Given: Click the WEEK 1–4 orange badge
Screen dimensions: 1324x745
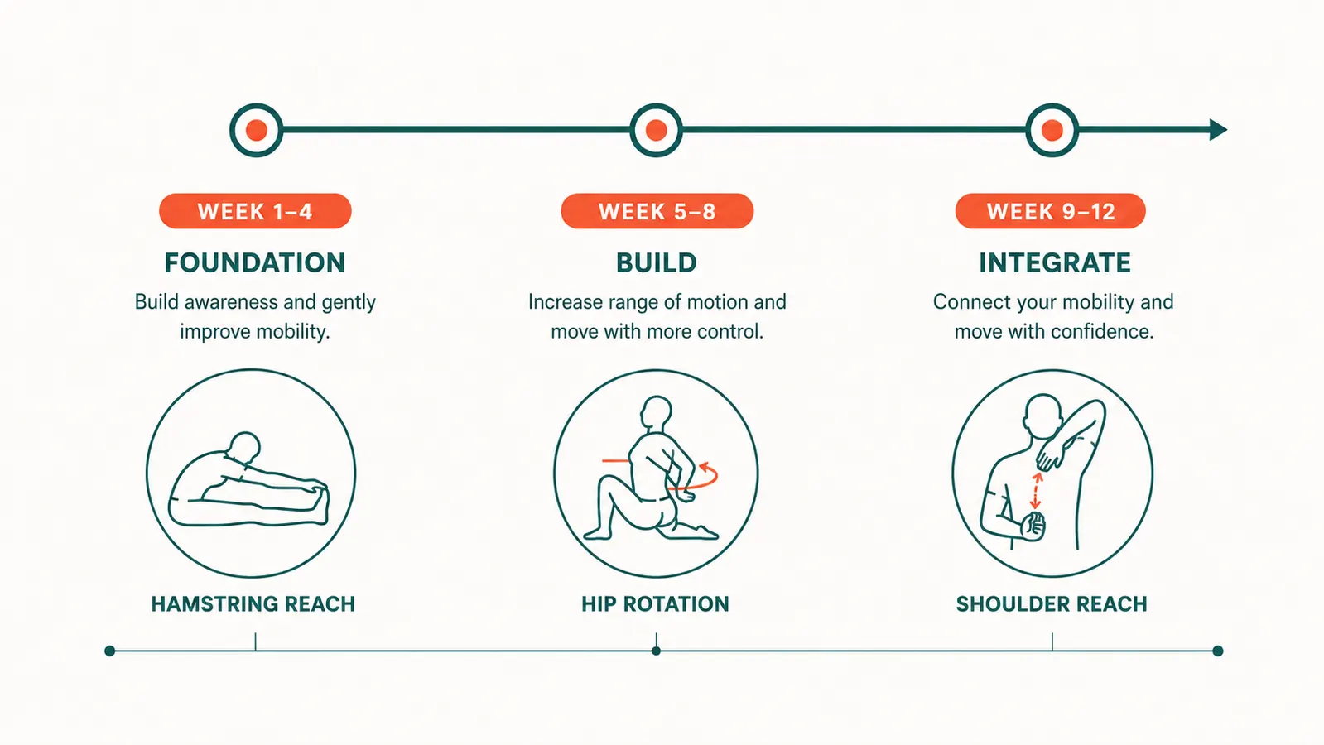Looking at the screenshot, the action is click(x=255, y=211).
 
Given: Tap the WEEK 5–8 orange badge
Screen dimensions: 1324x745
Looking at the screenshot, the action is click(x=657, y=211).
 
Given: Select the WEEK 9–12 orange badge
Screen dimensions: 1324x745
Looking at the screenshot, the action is click(x=1050, y=211).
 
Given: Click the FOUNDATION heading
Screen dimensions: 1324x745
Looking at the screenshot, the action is click(x=255, y=263).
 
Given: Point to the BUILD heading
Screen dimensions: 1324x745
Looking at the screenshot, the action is click(x=657, y=263).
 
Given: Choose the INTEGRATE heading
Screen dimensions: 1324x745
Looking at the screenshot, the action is click(x=1055, y=263).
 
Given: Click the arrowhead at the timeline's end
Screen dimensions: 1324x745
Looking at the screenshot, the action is click(x=1218, y=130).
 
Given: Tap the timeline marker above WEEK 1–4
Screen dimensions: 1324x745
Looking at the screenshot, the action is click(x=256, y=130).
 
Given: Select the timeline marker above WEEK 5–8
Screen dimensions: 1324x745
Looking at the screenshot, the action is click(x=656, y=130).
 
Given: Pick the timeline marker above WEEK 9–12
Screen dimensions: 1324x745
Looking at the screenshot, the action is click(x=1052, y=130).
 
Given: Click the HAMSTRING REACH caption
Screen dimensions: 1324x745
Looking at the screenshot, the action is click(x=253, y=603).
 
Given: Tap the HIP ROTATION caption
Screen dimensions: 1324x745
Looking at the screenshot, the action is click(x=655, y=603).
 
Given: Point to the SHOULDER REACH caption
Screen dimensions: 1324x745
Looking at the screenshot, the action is click(x=1052, y=603).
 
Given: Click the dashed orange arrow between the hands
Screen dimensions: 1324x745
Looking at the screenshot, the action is click(x=1036, y=490).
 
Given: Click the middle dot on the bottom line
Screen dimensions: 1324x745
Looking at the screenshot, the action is click(x=656, y=651).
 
